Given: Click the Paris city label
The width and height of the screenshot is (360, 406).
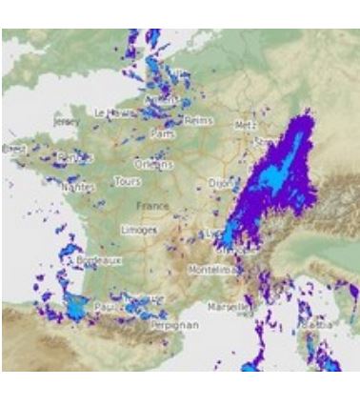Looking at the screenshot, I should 163,135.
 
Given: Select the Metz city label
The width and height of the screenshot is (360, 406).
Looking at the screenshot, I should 245,125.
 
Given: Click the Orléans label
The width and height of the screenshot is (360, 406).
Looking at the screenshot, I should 154,163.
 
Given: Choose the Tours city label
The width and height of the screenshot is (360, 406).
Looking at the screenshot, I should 127,181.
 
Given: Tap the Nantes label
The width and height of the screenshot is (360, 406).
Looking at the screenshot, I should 78,188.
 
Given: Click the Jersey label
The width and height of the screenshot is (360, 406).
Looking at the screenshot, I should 69,122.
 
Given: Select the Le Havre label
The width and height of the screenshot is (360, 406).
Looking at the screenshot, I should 114,112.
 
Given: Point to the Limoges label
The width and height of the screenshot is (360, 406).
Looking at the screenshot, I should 139,230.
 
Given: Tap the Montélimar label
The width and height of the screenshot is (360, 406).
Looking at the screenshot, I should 211,270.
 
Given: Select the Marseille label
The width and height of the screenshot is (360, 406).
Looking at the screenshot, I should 227,307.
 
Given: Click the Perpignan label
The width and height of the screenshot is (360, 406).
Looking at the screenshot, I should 172,324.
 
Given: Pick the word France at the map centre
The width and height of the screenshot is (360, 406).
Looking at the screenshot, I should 152,205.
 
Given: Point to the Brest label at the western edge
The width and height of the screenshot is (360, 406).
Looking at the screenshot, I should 14,149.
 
